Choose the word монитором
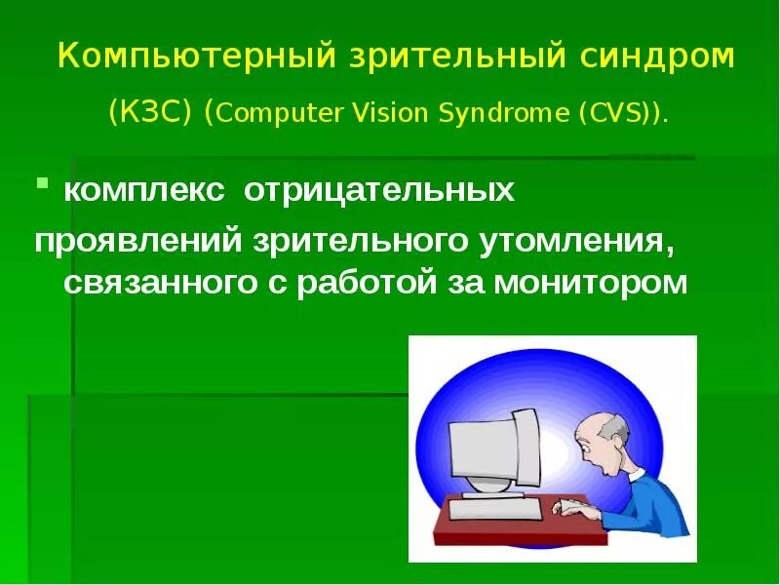(591, 283)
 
